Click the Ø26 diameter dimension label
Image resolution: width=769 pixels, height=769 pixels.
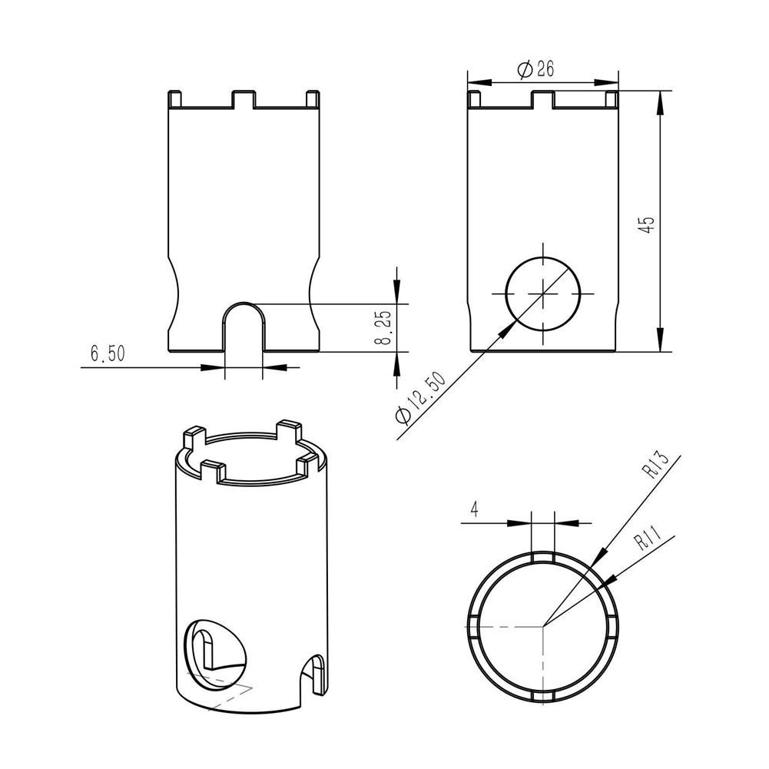point(535,70)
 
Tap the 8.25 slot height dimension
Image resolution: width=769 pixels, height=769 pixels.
point(386,327)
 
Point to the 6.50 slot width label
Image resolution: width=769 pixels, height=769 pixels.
point(108,353)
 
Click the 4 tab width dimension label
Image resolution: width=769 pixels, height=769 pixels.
point(474,509)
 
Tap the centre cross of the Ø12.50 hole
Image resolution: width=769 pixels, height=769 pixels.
point(543,293)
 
